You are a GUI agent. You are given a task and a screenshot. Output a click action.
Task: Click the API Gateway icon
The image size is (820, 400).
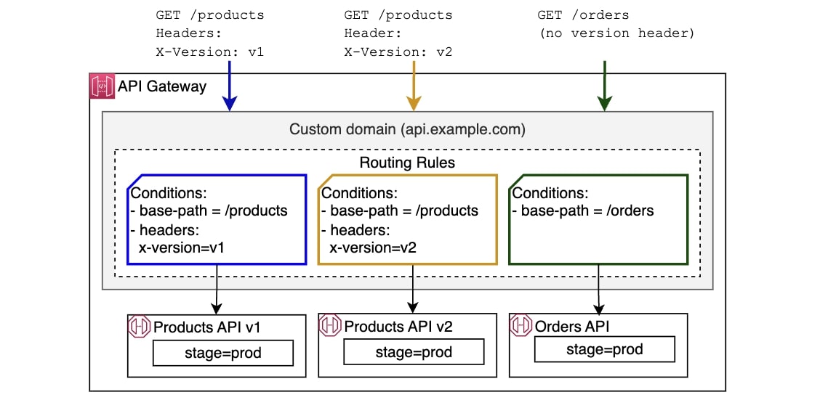[x=101, y=86]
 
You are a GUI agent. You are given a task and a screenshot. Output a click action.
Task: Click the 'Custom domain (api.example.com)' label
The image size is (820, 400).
[x=407, y=129]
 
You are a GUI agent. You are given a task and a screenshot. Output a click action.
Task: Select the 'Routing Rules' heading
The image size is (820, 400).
[x=407, y=163]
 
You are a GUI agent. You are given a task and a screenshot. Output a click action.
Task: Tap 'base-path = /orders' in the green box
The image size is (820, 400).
[x=583, y=211]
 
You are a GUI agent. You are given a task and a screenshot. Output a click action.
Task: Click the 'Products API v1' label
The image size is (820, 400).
[x=206, y=327]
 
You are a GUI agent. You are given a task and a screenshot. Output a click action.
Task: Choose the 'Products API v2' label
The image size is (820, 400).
[x=398, y=327]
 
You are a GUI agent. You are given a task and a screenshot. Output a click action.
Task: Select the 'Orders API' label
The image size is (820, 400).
[x=573, y=326]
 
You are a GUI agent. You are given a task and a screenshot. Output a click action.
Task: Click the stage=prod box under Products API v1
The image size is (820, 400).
[x=222, y=353]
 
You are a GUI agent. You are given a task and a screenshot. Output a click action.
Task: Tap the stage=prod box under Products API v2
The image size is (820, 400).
[x=414, y=352]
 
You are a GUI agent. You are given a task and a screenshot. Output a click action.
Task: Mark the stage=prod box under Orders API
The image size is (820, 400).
[x=605, y=349]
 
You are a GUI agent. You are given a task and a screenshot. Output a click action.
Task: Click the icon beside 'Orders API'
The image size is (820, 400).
[x=521, y=325]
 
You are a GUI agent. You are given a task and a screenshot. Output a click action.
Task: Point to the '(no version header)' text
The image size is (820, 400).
[x=616, y=33]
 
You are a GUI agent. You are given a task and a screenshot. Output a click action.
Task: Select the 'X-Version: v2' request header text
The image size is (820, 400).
[x=398, y=52]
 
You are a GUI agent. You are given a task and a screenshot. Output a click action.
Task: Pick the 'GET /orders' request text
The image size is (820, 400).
[x=583, y=15]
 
